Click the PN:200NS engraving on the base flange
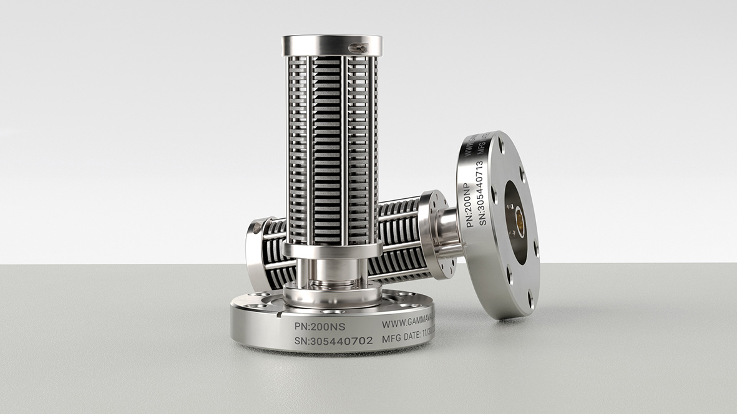pos(320,325)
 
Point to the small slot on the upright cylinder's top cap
pos(358,47)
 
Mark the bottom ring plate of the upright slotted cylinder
pos(331,251)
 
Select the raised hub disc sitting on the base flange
pos(331,293)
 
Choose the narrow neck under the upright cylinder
pos(331,271)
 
